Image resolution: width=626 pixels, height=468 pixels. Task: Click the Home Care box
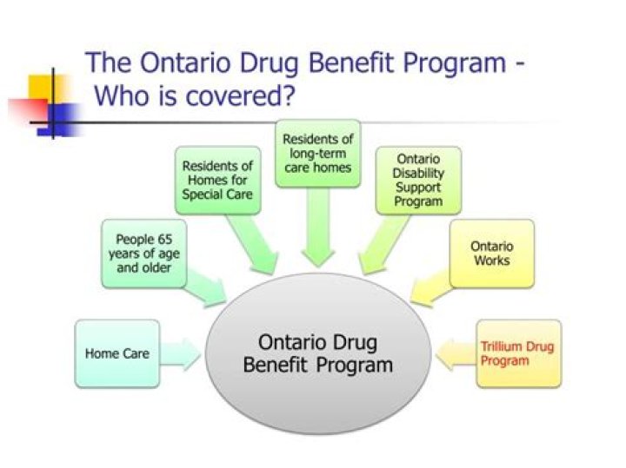(x=117, y=353)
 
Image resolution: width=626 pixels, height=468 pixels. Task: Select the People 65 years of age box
(x=144, y=254)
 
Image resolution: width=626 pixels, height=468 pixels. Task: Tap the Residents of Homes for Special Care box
(x=218, y=181)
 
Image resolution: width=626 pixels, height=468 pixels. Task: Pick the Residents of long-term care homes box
(x=318, y=154)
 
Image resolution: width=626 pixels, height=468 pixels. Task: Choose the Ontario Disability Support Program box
(x=418, y=181)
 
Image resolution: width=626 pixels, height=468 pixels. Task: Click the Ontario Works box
(x=492, y=254)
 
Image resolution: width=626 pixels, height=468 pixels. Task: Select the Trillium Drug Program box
(x=518, y=353)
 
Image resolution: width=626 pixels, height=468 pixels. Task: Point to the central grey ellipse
(x=318, y=353)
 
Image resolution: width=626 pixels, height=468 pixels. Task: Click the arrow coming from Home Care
(x=180, y=354)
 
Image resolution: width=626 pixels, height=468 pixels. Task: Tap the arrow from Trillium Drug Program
(x=456, y=354)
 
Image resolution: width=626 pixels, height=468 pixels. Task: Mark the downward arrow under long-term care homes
(x=318, y=227)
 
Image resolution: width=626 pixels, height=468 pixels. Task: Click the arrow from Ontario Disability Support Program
(x=384, y=244)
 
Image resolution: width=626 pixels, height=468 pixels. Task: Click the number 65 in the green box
(x=165, y=239)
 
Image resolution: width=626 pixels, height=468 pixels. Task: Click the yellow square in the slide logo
(x=46, y=89)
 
